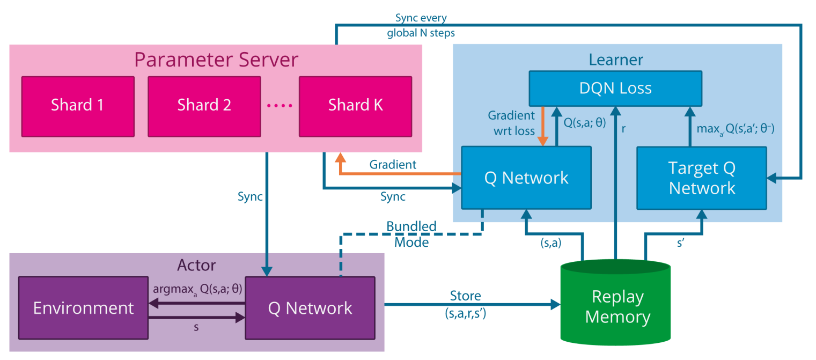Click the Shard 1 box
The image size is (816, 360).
point(78,106)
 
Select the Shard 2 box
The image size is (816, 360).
point(204,106)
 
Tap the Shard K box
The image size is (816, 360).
point(355,106)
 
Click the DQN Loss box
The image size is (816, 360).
point(615,88)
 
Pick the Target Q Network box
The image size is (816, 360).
point(701,178)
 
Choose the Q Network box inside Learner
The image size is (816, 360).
point(526,178)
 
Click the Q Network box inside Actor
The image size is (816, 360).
point(310,308)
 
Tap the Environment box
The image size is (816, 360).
point(84,308)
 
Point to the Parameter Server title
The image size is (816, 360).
point(216,59)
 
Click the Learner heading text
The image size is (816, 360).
point(616,59)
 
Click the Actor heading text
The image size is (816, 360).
point(196,265)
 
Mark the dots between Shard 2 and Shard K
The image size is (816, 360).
point(279,106)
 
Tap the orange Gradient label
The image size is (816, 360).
point(393,165)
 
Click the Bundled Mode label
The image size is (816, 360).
point(411,234)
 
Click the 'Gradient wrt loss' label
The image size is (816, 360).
point(511,122)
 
